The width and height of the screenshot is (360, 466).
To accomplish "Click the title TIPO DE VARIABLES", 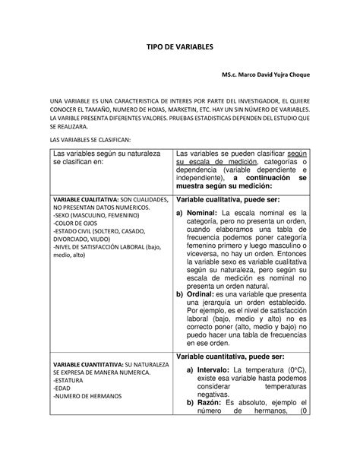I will point(180,47).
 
